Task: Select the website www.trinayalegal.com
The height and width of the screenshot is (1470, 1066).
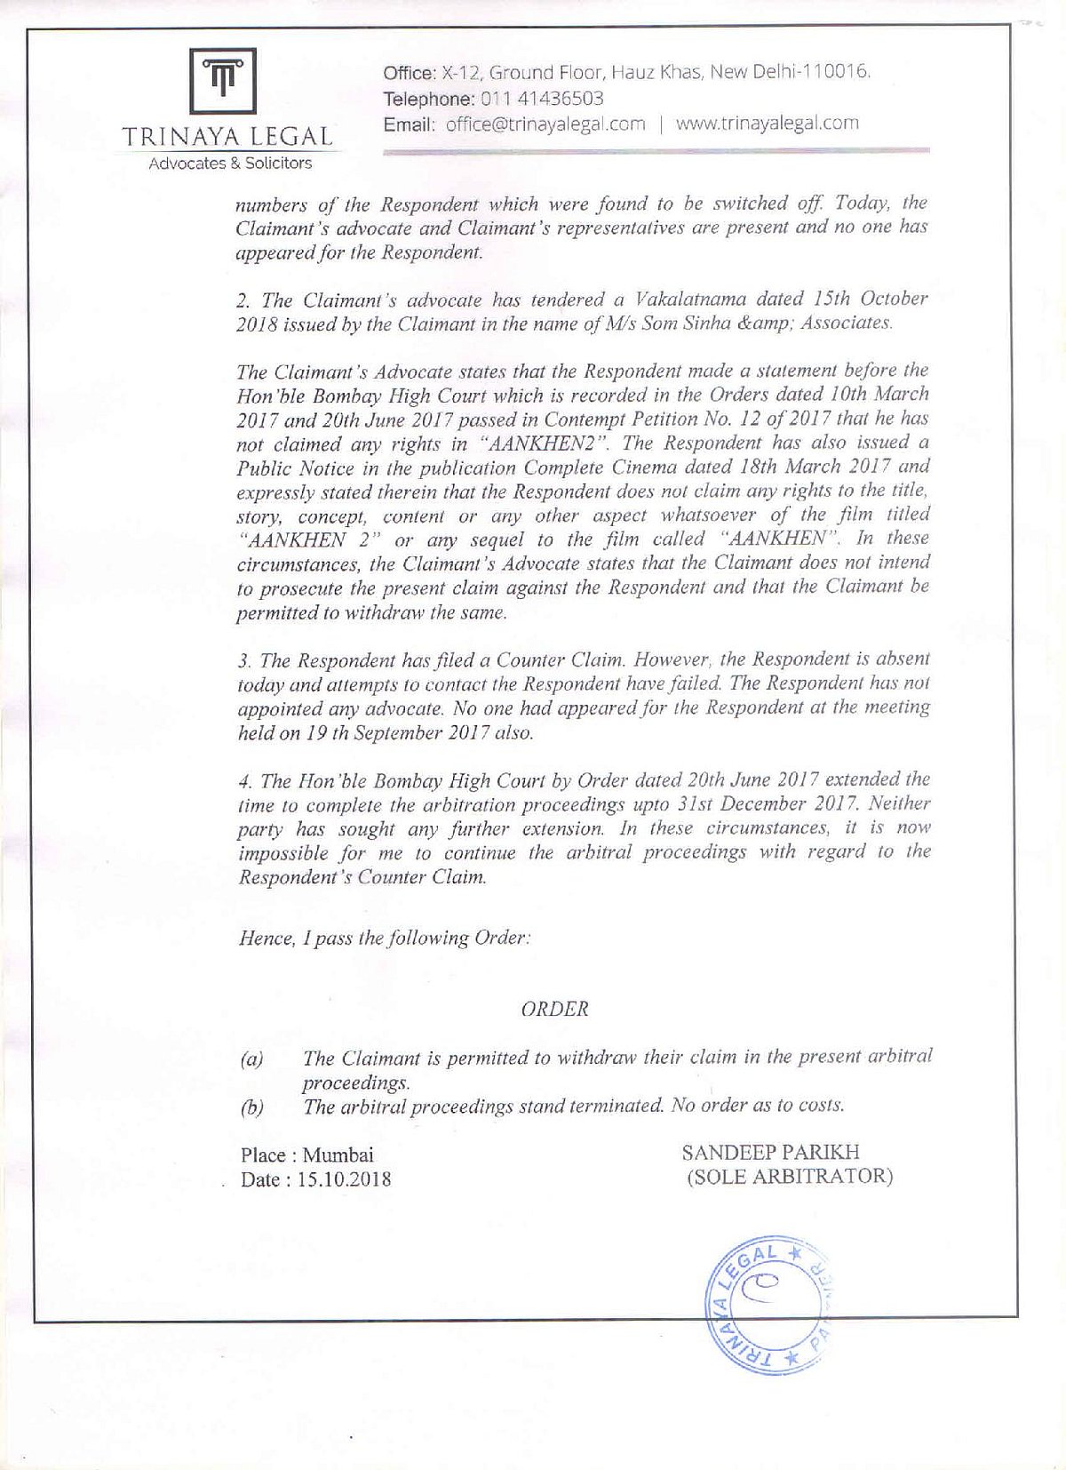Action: coord(767,123)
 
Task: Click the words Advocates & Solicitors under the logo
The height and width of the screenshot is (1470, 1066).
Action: coord(230,164)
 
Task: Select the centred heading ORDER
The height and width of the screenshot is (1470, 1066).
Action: coord(555,1009)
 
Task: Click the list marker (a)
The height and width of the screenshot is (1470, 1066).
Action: coord(251,1059)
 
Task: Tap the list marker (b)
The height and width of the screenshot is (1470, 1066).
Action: coord(251,1107)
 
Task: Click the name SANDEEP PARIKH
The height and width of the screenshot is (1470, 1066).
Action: coord(770,1153)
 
